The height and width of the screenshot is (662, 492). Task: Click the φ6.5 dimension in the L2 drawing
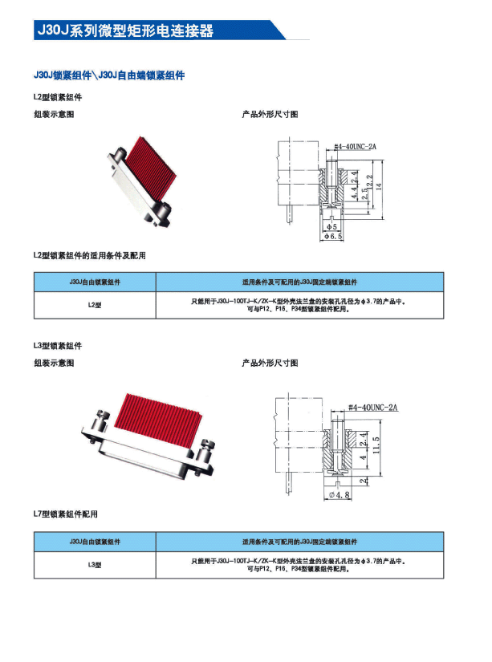pyautogui.click(x=334, y=238)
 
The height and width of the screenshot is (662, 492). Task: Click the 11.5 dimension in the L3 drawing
pyautogui.click(x=375, y=443)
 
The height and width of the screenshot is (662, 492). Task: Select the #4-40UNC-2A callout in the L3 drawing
pyautogui.click(x=373, y=408)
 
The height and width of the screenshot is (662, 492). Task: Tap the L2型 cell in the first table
pyautogui.click(x=95, y=305)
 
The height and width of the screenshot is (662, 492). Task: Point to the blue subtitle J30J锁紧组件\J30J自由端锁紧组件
pyautogui.click(x=110, y=75)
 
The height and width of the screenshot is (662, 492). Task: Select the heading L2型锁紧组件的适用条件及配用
pyautogui.click(x=90, y=255)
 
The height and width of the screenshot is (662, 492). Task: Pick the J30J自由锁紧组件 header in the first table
pyautogui.click(x=95, y=282)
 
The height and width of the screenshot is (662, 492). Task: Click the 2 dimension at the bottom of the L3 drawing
pyautogui.click(x=364, y=481)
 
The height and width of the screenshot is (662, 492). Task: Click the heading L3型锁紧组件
pyautogui.click(x=58, y=346)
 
